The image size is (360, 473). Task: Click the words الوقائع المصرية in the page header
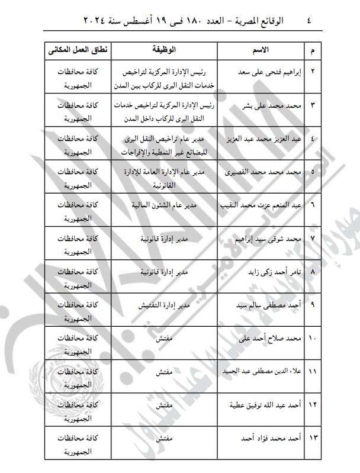[256, 21]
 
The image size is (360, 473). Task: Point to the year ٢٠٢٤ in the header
[63, 21]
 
